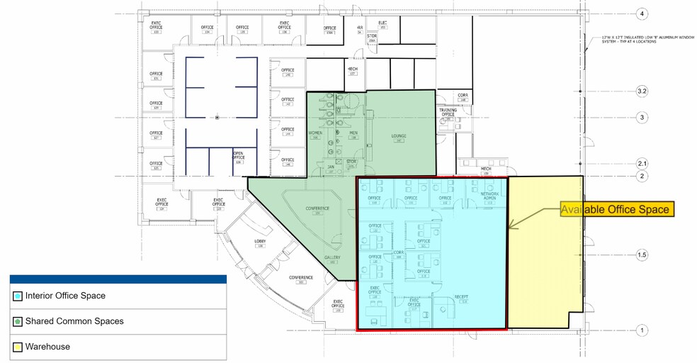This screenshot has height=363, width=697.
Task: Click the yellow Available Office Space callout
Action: click(614, 209)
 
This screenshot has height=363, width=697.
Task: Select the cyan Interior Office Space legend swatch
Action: click(17, 296)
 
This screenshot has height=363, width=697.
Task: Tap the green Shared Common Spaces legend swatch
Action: click(17, 321)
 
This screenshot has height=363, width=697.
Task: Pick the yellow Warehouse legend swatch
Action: click(17, 347)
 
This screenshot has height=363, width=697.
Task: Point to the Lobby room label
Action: click(259, 241)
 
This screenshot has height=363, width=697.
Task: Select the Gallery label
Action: click(332, 257)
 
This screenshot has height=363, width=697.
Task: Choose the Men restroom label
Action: click(353, 133)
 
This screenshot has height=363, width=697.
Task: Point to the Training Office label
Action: click(448, 112)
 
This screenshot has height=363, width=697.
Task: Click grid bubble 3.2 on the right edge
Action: click(642, 91)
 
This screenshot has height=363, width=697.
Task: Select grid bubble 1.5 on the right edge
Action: click(642, 254)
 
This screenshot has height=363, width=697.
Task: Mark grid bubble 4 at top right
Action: click(642, 13)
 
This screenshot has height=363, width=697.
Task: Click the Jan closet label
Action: click(330, 167)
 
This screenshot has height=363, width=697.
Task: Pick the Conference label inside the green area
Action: click(317, 208)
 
